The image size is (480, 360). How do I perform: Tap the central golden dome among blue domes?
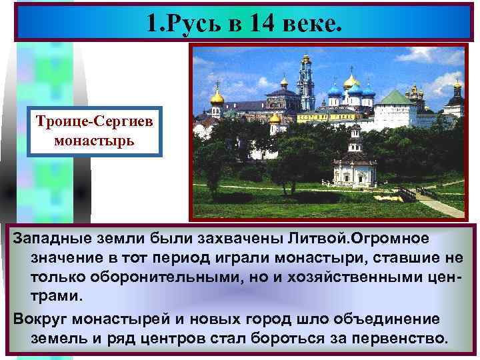pos(351,83)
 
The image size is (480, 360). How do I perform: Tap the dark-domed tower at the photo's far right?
pos(457,100)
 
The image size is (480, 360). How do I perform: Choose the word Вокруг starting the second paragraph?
pos(42,319)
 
